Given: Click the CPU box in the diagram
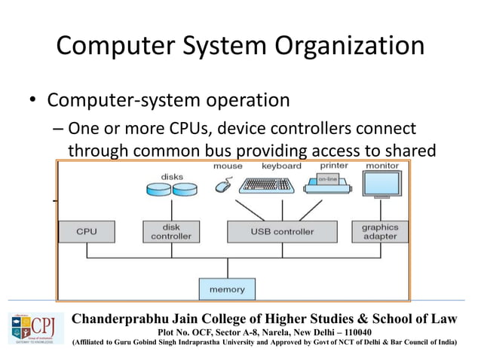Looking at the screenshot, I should (87, 232).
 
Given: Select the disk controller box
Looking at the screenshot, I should (171, 232).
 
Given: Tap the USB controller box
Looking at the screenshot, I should (281, 232).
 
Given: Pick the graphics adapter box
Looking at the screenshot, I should (379, 232).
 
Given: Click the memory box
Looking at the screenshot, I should (227, 288).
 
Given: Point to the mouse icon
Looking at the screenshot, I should (223, 185).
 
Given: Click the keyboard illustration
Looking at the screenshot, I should (265, 185).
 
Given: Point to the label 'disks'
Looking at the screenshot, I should (172, 177).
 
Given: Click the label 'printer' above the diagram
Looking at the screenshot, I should (334, 166).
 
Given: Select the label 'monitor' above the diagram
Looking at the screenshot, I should (382, 166).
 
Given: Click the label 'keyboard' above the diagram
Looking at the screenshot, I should (281, 166).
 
